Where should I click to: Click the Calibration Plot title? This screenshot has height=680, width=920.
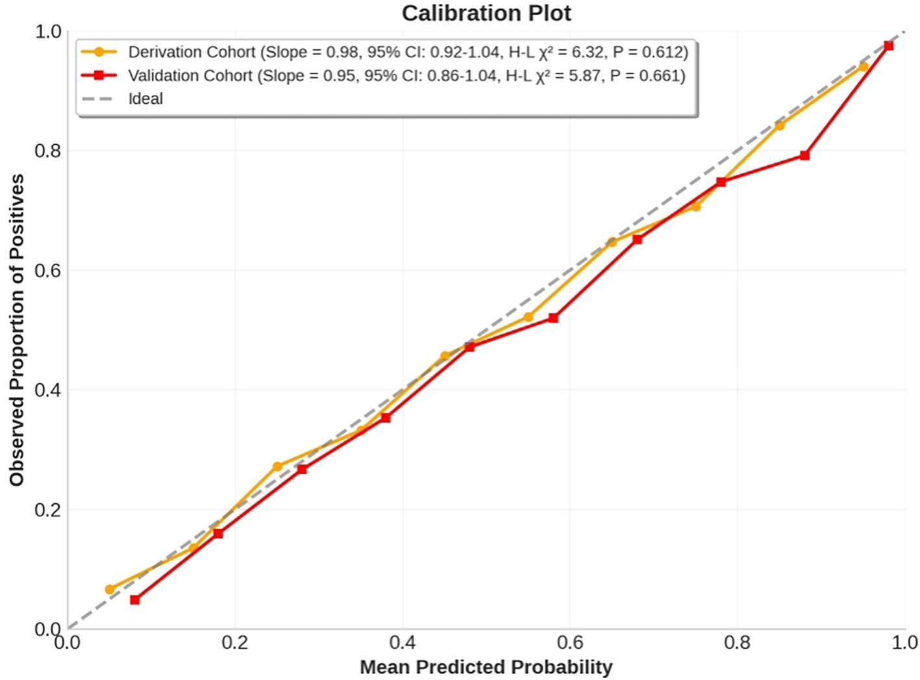(x=486, y=13)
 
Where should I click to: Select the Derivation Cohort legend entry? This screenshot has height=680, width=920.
(x=408, y=52)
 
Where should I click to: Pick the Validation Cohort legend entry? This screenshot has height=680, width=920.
(x=406, y=76)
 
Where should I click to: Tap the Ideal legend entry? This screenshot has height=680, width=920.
(x=145, y=99)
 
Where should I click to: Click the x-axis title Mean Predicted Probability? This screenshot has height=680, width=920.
(x=486, y=667)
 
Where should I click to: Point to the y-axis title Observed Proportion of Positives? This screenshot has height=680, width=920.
(x=17, y=329)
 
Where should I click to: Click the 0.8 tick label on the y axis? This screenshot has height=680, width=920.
(x=47, y=151)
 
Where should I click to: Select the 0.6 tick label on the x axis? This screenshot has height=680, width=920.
(x=569, y=643)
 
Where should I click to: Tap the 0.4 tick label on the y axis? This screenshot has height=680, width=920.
(x=47, y=390)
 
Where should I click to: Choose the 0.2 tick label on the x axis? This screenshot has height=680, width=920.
(x=235, y=643)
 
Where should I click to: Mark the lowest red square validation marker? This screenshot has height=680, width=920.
(x=135, y=600)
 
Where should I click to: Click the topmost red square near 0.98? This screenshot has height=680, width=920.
(x=889, y=46)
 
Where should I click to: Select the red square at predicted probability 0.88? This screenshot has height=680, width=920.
(x=805, y=156)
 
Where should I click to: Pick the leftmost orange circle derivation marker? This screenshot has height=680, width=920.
(x=110, y=590)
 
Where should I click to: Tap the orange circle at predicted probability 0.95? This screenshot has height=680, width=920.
(x=864, y=67)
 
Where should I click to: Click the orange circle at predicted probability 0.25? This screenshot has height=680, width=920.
(x=277, y=467)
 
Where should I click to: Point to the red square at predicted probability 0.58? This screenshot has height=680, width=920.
(x=553, y=318)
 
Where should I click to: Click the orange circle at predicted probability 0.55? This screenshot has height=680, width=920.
(x=528, y=318)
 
